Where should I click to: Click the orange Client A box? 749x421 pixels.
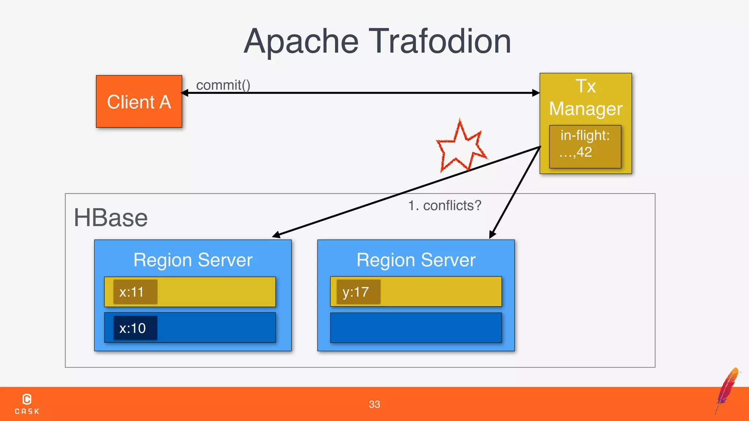coord(139,102)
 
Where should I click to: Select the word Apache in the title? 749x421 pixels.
coord(301,42)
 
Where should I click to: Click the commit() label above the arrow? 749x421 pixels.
coord(223,85)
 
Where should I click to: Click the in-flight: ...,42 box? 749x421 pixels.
coord(585,147)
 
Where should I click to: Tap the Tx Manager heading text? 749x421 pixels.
coord(586,98)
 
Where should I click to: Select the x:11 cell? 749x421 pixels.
coord(135,292)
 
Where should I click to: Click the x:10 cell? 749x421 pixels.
coord(135,328)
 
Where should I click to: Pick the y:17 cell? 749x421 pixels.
coord(358,292)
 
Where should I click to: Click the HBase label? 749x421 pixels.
coord(110,218)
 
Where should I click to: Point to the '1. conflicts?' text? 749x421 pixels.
coord(445,205)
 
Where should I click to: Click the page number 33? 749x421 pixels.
coord(374,404)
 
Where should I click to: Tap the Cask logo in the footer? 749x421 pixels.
coord(27,404)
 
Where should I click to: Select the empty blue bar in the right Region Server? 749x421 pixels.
coord(416,327)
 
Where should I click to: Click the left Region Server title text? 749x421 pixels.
coord(193,260)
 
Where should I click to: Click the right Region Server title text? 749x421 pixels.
coord(416,260)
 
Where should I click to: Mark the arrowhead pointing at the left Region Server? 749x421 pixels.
coord(276,235)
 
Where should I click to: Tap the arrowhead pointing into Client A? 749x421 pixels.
coord(185,93)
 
